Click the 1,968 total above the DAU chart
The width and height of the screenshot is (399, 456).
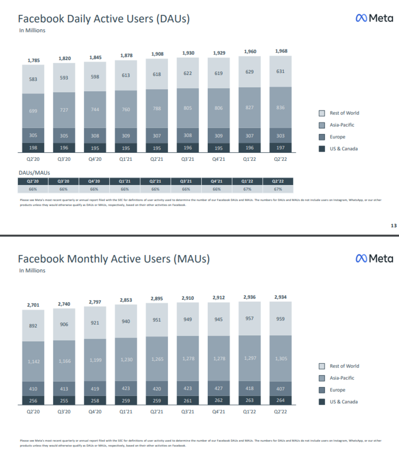[281, 51]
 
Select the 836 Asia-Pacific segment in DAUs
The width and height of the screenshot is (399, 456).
[280, 108]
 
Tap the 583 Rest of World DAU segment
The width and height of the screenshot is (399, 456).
[33, 79]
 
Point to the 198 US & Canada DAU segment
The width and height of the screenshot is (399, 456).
[33, 147]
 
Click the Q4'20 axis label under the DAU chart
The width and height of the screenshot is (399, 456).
[95, 159]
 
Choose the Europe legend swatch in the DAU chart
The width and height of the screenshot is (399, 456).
[322, 137]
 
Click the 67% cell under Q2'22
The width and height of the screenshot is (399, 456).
[278, 189]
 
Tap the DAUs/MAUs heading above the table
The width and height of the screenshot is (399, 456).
[34, 173]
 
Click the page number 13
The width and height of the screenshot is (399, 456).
[394, 225]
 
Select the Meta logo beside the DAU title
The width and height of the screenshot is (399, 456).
[374, 18]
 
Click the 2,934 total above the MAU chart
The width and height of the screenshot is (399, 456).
[280, 297]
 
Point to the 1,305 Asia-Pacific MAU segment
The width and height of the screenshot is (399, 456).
[281, 358]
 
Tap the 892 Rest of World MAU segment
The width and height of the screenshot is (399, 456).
[33, 326]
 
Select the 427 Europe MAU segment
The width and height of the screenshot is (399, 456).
[219, 388]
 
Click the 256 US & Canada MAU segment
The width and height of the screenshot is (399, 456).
[33, 401]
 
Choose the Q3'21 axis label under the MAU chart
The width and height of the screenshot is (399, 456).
[188, 412]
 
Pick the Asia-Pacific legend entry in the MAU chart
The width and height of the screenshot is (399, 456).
[342, 378]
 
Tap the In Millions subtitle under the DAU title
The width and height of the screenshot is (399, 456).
[32, 30]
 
